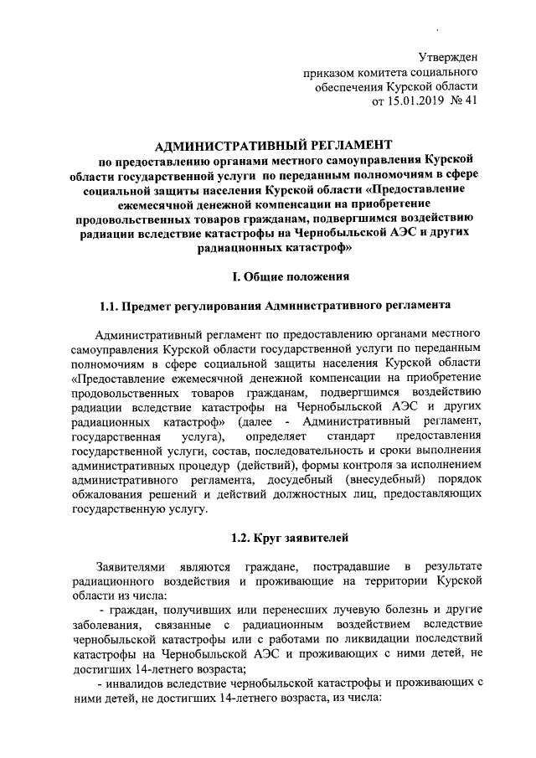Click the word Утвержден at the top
(448, 58)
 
